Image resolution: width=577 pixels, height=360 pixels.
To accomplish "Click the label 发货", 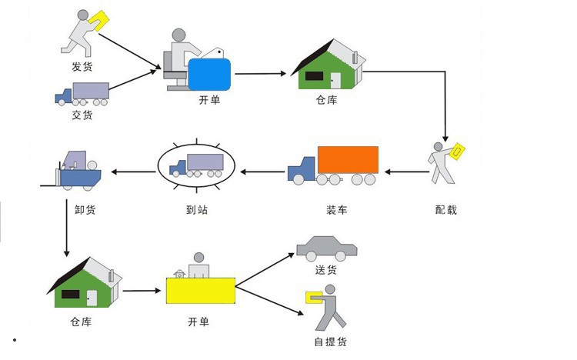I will pos(82,67).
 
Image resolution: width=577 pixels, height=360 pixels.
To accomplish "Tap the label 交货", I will pos(82,115).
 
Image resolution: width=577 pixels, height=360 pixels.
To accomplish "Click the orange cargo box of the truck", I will pos(348,160).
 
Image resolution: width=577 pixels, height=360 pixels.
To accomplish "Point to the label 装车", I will pos(337,209).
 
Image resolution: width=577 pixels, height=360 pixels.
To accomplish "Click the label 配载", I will pos(445,209).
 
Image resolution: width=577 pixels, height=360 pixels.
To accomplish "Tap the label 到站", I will pos(196,209).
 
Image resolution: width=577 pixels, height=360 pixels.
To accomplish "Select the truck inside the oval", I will pos(196,165).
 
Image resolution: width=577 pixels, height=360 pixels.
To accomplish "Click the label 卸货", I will pos(85,209).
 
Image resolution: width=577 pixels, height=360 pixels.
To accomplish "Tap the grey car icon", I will pos(327,248).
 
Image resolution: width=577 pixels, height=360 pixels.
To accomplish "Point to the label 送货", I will pos(326,270).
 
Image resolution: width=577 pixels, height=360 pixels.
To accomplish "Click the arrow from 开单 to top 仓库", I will pos(262,74).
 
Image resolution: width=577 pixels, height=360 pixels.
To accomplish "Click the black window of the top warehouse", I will pos(314,76).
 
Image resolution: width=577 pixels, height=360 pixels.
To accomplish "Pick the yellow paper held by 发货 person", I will pos(99,18).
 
